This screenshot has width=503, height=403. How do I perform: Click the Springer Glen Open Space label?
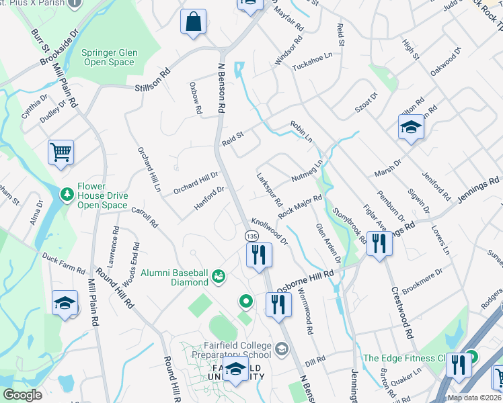(x=108, y=57)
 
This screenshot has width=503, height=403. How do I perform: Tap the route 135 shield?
(x=251, y=236)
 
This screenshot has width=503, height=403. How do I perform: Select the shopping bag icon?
(x=193, y=21)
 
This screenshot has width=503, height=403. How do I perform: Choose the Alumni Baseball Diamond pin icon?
(x=218, y=276)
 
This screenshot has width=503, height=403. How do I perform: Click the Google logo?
(x=22, y=395)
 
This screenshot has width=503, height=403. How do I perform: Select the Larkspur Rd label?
(x=270, y=190)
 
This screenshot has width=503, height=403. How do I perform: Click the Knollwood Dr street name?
(x=269, y=230)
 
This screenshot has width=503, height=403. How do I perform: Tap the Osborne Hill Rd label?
(x=307, y=277)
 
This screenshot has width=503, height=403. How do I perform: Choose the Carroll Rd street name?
(x=144, y=216)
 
